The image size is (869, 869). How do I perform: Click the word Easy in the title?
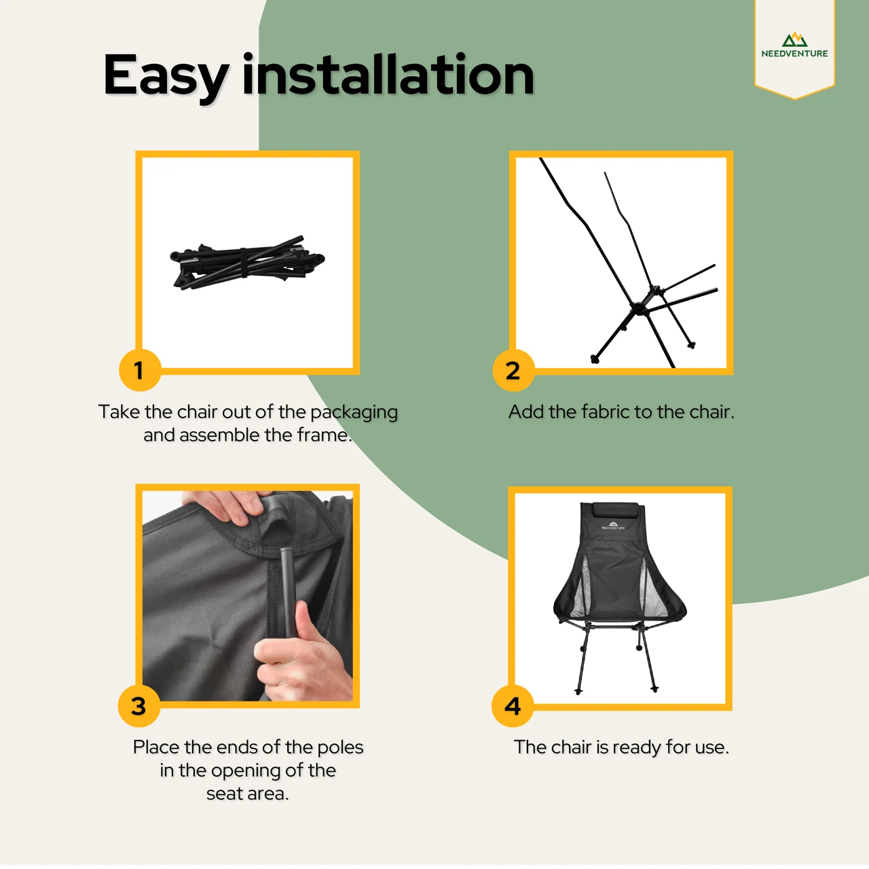165,77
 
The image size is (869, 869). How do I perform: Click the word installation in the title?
388,74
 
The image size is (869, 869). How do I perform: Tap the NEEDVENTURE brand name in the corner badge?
794,53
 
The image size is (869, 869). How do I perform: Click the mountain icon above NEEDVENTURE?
794,39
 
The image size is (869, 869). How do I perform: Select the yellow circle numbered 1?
140,370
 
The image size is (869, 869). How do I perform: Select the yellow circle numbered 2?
513,370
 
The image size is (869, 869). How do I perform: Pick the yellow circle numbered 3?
139,706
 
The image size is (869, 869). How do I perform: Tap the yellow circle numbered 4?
513,706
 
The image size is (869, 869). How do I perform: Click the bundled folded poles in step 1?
247,263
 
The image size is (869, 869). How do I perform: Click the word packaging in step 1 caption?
354,412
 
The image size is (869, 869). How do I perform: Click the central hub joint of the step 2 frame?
638,309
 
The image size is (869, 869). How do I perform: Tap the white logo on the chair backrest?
613,525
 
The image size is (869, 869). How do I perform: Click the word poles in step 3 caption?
340,748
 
